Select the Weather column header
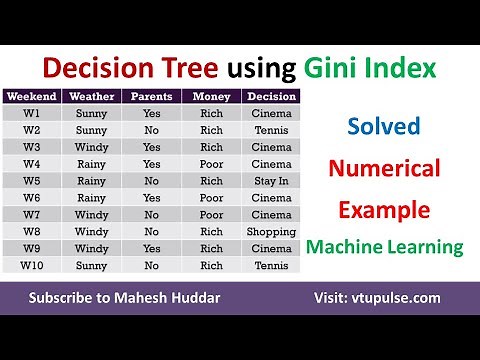click(x=91, y=97)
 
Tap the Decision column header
click(x=270, y=97)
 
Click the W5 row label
click(x=32, y=181)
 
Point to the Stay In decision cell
click(x=270, y=181)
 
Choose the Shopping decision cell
click(x=270, y=232)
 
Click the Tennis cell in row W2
click(x=270, y=130)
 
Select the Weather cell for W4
click(x=91, y=164)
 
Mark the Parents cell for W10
click(x=152, y=266)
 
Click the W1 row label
click(x=32, y=113)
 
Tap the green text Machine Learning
click(x=385, y=246)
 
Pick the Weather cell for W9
click(x=91, y=249)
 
